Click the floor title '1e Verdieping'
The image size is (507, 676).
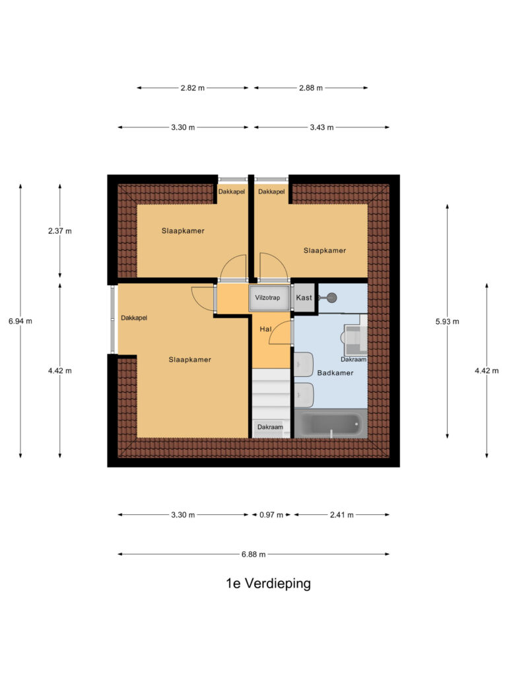coord(268,584)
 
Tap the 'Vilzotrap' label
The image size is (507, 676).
coord(267,298)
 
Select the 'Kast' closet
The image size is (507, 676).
coord(304,298)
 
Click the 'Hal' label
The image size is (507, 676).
coord(265,329)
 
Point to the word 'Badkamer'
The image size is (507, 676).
coord(335,373)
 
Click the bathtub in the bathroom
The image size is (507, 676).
coord(331,424)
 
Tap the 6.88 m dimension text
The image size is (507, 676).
coord(253,555)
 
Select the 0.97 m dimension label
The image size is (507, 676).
coord(271,515)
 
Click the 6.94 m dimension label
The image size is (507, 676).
coord(20,321)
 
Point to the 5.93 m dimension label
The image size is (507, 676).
coord(447,321)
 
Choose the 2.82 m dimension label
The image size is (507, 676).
coord(192,88)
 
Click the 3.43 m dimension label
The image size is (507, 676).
coord(321,127)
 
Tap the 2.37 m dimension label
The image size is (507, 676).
coord(60,231)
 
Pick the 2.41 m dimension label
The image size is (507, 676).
coord(342,515)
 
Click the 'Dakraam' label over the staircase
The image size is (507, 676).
coord(270,427)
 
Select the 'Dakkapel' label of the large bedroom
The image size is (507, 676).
coord(133,318)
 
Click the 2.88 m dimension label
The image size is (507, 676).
coord(311,88)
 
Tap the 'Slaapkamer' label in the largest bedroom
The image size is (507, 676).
coord(189,360)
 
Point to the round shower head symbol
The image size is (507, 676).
coord(331,298)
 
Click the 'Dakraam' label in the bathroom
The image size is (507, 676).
coord(354,359)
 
